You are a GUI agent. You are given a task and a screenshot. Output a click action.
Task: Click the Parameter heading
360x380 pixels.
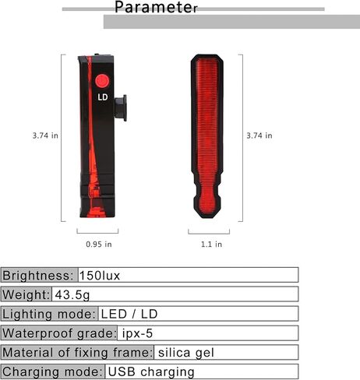pos(156,7)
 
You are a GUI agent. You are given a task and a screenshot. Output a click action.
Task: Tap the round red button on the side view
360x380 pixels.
pos(102,81)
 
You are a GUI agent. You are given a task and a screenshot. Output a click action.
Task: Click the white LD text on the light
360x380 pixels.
pos(103,97)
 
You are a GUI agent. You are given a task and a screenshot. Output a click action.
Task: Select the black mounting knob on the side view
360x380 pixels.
pos(121,107)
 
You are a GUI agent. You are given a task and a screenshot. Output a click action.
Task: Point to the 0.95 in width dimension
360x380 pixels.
pos(99,245)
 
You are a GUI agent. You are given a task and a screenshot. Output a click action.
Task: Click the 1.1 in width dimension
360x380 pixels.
pos(211,245)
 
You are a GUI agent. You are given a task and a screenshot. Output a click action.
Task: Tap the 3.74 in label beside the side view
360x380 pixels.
pos(45,135)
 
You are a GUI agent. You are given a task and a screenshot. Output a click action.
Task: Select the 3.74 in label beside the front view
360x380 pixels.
pos(259,135)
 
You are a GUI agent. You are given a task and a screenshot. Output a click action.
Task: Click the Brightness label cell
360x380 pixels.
pos(39,275)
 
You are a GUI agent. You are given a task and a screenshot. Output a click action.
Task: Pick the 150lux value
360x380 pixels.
pos(100,276)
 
